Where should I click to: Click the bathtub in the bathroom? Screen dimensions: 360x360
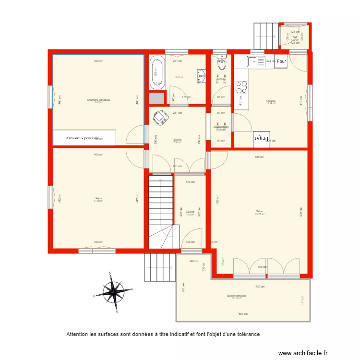(x=156, y=72)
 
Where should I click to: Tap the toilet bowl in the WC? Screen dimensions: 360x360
(x=221, y=62)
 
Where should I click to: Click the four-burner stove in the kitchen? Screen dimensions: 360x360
(x=241, y=86)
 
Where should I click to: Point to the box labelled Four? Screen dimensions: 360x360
(x=281, y=61)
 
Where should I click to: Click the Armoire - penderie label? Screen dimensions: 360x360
(x=83, y=138)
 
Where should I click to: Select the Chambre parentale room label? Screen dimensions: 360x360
(x=98, y=100)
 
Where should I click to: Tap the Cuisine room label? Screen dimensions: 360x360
(x=271, y=101)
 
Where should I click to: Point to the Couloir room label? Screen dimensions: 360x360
(x=190, y=211)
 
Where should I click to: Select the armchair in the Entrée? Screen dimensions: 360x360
(x=158, y=117)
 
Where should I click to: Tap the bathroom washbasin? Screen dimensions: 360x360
(x=202, y=75)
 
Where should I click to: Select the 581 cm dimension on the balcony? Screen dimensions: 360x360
(x=243, y=314)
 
